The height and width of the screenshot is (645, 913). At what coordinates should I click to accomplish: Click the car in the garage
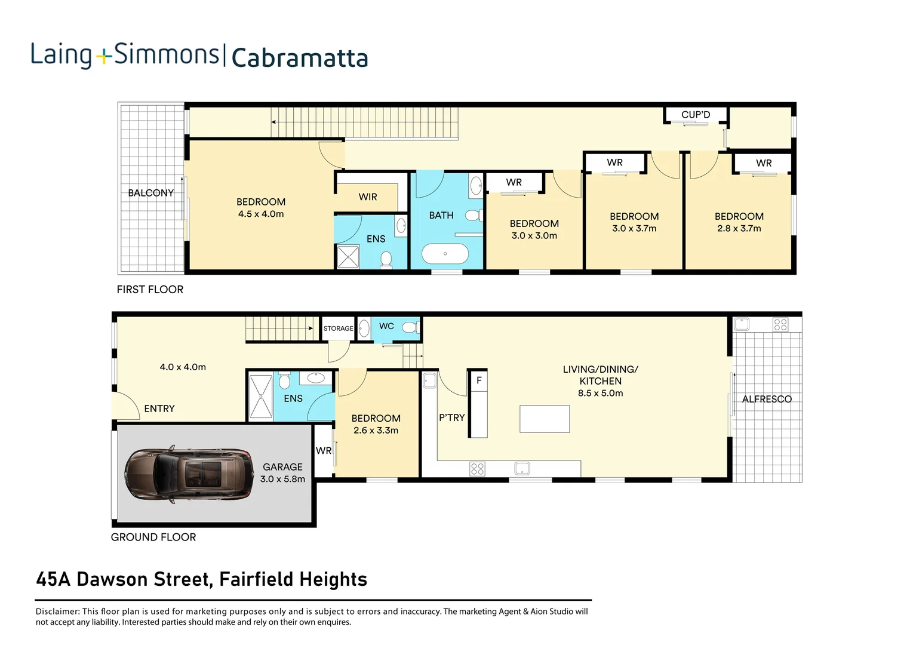(189, 475)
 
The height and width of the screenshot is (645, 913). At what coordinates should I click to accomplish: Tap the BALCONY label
(150, 193)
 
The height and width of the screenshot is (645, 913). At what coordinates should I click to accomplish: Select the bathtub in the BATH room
(445, 254)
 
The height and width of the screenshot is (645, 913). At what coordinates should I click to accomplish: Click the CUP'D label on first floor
(696, 115)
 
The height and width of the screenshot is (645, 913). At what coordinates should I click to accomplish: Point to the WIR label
(368, 197)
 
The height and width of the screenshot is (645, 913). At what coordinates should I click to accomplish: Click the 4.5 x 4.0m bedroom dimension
(261, 214)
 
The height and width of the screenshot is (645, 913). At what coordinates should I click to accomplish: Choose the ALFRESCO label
(767, 399)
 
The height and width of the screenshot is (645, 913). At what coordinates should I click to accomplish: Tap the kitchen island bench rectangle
(545, 418)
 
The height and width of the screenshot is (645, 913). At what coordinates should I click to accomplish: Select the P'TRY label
(451, 417)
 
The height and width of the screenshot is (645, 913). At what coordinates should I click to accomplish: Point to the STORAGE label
(338, 328)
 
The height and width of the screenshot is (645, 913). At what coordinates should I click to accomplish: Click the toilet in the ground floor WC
(410, 327)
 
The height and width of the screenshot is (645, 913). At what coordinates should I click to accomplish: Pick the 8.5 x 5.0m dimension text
(600, 393)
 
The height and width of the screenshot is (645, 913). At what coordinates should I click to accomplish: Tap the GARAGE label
(282, 467)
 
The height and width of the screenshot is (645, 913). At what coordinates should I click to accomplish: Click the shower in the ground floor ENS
(260, 396)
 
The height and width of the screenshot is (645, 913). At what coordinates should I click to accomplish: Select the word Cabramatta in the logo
(299, 58)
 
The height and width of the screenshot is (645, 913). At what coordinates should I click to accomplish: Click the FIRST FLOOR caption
(150, 290)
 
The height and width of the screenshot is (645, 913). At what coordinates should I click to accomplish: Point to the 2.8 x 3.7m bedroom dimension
(739, 228)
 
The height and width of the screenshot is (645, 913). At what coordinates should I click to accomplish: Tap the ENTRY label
(159, 408)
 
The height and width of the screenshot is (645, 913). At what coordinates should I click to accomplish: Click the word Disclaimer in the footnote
(57, 611)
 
